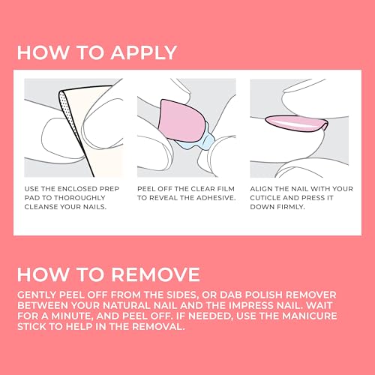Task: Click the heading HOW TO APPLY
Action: [x=97, y=52]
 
